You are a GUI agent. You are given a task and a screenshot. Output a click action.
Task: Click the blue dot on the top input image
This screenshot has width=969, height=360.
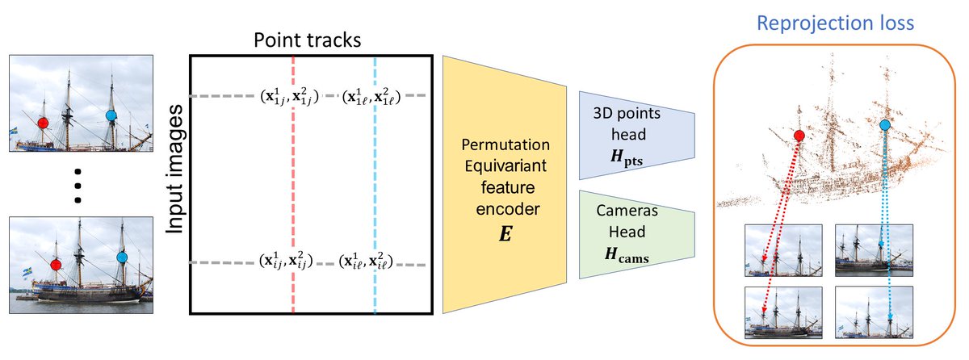(x=111, y=116)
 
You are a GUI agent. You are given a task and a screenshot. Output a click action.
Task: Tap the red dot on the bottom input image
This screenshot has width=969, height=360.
(x=55, y=264)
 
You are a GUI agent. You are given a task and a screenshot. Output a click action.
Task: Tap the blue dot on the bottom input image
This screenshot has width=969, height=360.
(x=122, y=257)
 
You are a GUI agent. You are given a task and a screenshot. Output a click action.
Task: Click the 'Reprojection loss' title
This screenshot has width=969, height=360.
(x=834, y=23)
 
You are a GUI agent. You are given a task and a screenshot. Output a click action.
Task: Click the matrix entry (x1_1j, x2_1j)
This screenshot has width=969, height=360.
(x=289, y=96)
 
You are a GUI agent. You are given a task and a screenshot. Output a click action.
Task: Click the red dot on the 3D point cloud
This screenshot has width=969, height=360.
(x=799, y=136)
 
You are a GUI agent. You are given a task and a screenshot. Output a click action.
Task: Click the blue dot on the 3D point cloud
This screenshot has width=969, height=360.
(x=885, y=125)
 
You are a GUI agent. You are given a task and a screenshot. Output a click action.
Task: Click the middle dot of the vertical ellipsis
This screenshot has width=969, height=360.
(x=78, y=186)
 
